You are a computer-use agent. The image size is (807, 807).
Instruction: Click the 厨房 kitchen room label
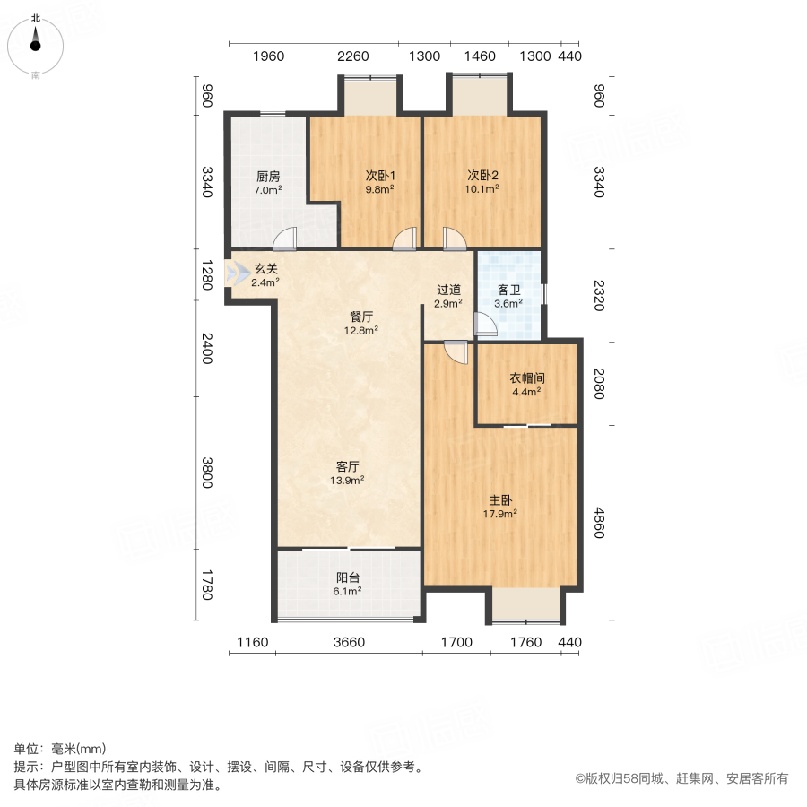268,177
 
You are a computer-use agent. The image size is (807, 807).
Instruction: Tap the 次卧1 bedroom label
380,176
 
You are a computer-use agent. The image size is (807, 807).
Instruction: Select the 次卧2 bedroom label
482,175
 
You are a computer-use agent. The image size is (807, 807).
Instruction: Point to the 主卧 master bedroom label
500,499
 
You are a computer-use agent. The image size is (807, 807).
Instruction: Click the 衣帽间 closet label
527,378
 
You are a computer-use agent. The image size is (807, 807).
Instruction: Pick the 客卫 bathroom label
508,290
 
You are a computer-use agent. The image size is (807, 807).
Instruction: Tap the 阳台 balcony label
348,577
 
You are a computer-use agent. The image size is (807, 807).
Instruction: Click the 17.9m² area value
499,514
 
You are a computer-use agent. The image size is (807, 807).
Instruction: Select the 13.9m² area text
347,481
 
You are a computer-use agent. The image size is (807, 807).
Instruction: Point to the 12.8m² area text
361,330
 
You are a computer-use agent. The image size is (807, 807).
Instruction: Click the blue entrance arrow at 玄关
238,273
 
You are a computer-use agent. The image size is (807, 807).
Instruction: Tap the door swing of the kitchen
285,239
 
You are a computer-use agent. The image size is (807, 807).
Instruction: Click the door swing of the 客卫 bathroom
485,325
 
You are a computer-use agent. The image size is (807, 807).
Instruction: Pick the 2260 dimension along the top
353,56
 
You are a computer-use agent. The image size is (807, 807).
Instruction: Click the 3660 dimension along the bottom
349,642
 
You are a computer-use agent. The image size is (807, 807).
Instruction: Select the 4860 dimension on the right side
599,523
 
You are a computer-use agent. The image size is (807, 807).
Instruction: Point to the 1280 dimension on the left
207,275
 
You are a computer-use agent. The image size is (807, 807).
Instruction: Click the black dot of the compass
36,46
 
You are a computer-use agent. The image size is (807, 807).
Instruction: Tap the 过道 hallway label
448,290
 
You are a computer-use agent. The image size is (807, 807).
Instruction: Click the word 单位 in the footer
26,749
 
